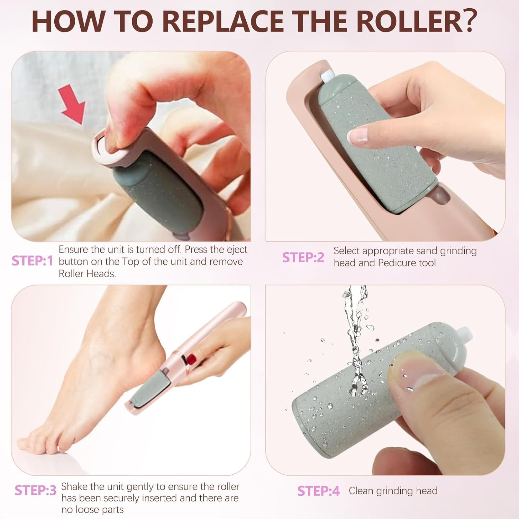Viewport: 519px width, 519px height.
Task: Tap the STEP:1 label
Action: tap(32, 261)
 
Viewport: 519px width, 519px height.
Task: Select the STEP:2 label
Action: tap(303, 258)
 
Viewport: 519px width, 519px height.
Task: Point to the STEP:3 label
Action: tap(35, 490)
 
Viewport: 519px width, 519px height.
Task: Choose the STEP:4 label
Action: tap(318, 491)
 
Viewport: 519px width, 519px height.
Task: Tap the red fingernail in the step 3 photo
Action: tap(192, 359)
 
